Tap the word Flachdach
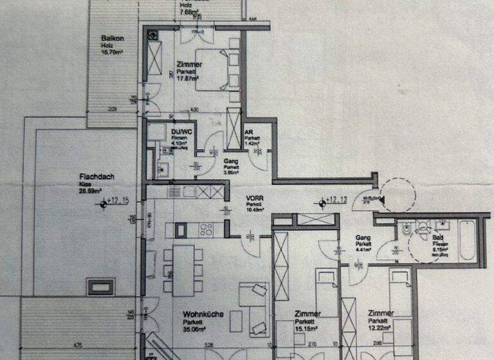[x=92, y=177]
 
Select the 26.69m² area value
[x=91, y=191]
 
